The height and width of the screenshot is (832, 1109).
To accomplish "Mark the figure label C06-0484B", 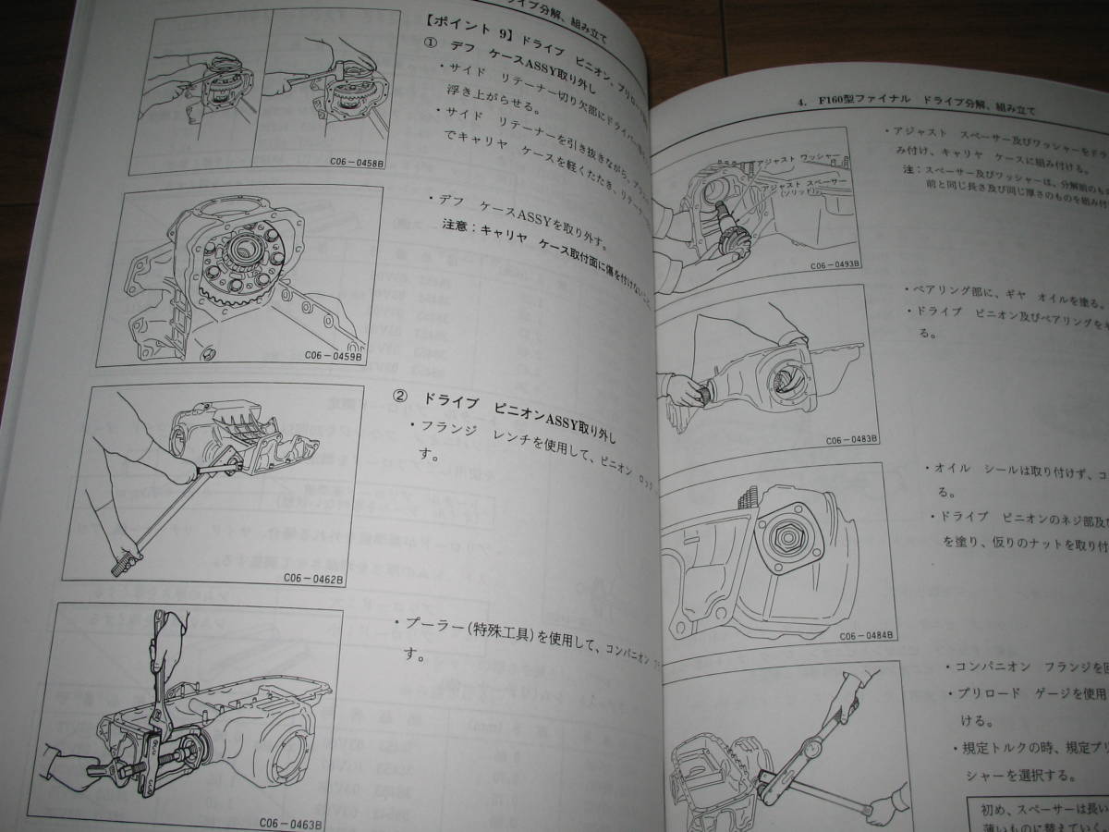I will coord(865,636).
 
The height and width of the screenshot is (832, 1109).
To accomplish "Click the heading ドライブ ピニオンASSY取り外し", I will coord(518,399).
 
